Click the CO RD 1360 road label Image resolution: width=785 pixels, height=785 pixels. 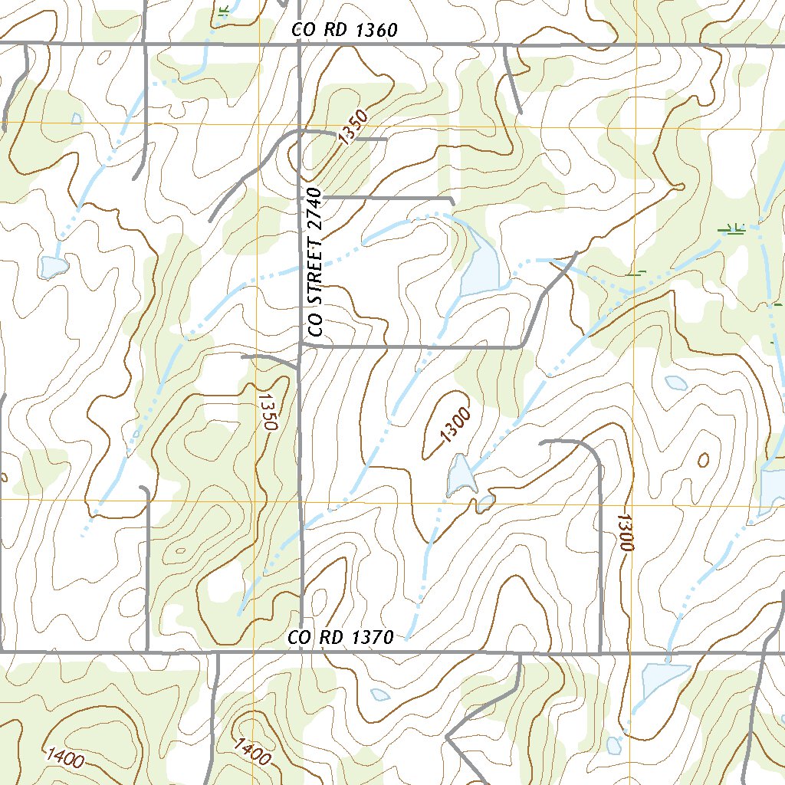click(x=344, y=31)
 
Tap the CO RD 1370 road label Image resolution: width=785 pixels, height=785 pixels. click(x=340, y=637)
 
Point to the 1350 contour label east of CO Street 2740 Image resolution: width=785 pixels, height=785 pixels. click(x=353, y=127)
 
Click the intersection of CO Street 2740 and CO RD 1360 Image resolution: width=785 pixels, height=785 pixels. click(x=299, y=45)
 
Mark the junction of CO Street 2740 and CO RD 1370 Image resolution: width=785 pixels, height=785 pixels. click(x=301, y=653)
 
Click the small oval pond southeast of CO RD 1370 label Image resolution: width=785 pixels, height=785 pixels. click(x=379, y=695)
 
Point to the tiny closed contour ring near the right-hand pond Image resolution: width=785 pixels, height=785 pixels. click(x=704, y=459)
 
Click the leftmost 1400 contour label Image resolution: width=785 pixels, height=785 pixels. click(x=64, y=759)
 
